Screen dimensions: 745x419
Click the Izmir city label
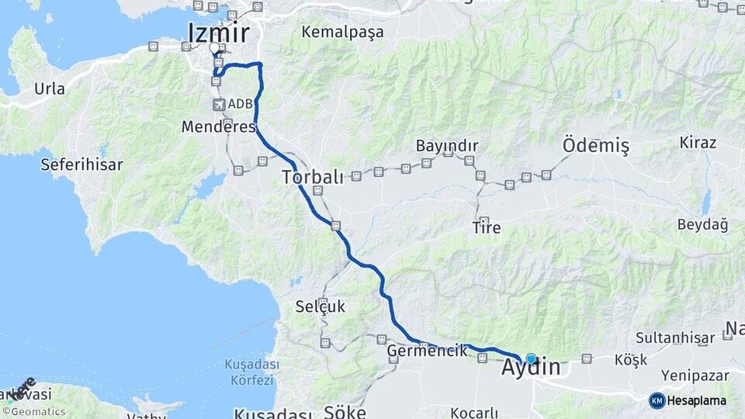pyautogui.click(x=219, y=33)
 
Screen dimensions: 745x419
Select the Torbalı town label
pyautogui.click(x=312, y=177)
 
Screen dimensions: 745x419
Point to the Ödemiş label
pyautogui.click(x=595, y=146)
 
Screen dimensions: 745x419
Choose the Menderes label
pyautogui.click(x=218, y=126)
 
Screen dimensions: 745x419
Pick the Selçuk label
pyautogui.click(x=320, y=306)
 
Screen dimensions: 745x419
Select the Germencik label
pyautogui.click(x=428, y=350)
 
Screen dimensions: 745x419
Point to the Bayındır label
pyautogui.click(x=446, y=146)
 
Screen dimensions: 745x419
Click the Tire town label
pyautogui.click(x=487, y=228)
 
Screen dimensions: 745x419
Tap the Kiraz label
pyautogui.click(x=698, y=143)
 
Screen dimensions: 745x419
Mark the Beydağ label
pyautogui.click(x=702, y=225)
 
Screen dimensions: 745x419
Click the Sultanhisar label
pyautogui.click(x=674, y=338)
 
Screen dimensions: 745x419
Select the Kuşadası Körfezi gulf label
pyautogui.click(x=250, y=372)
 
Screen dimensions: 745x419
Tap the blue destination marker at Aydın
pyautogui.click(x=531, y=358)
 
